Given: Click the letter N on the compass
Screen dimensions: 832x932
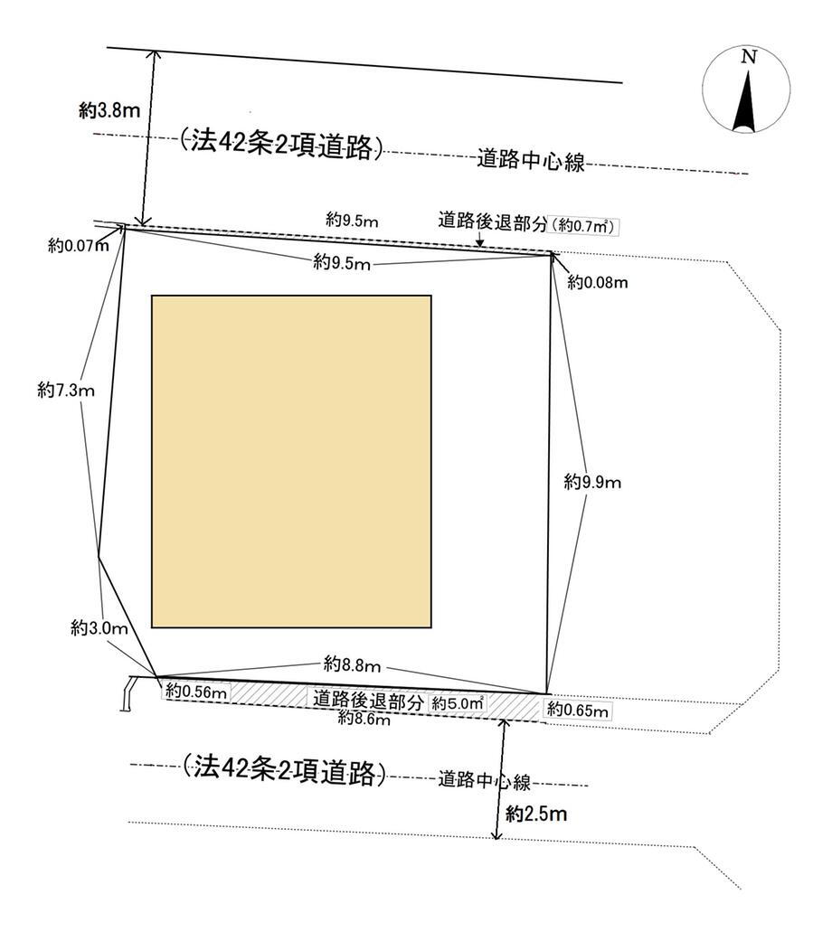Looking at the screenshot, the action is [x=749, y=57].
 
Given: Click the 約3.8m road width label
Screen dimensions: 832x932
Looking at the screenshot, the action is [x=109, y=110].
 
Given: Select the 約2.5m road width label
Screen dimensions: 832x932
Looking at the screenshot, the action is [x=536, y=814].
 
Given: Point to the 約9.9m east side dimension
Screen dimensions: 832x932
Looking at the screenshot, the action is [x=592, y=482].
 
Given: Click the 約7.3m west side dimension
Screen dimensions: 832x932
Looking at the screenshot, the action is [x=66, y=390].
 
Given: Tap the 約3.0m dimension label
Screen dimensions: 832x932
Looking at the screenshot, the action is [x=99, y=627].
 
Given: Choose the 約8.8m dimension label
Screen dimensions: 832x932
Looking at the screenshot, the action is [x=352, y=664].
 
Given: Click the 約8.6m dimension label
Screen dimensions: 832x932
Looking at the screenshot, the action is [x=364, y=719].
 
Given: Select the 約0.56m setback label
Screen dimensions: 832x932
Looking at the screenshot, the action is [x=196, y=692].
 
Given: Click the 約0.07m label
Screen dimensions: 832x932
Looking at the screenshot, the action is [x=79, y=246].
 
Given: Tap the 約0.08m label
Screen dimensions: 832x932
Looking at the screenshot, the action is [x=598, y=282].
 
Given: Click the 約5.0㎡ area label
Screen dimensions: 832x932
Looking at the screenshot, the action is [x=457, y=703].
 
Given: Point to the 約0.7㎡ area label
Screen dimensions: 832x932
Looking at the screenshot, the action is [x=583, y=226].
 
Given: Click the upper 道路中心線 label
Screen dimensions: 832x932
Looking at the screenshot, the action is [x=531, y=161].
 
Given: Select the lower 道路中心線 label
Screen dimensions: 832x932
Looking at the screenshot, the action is [x=484, y=779].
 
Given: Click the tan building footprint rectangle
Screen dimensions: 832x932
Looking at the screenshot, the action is [x=291, y=461].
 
